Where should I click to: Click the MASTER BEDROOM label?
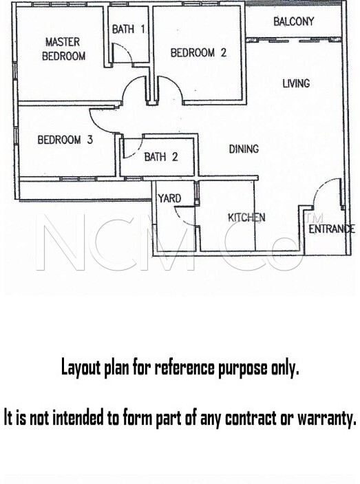click(63, 49)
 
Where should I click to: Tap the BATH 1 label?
click(128, 29)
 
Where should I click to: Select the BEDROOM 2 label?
click(198, 52)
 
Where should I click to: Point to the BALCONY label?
click(294, 21)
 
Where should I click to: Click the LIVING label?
click(296, 83)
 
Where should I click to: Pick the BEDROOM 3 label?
click(65, 140)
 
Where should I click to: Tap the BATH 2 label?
click(161, 157)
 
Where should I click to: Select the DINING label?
click(244, 149)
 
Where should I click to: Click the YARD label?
click(169, 198)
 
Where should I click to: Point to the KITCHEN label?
click(246, 218)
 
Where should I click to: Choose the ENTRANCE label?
click(332, 229)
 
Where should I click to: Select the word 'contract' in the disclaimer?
click(251, 419)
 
